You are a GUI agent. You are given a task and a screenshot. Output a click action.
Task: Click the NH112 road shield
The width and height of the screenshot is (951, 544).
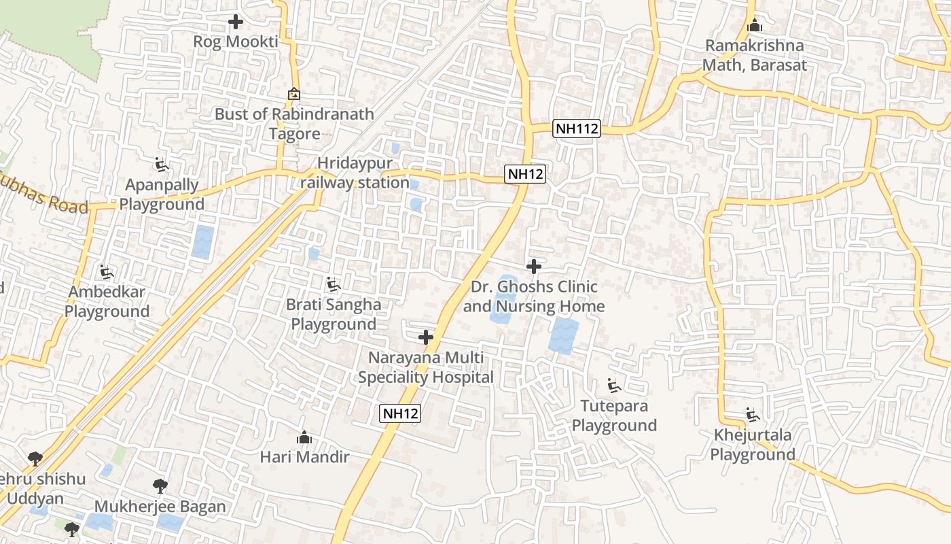577,129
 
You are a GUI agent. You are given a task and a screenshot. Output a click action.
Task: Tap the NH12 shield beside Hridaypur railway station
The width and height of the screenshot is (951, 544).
526,174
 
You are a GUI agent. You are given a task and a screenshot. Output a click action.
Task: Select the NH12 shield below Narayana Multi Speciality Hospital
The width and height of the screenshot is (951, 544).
400,413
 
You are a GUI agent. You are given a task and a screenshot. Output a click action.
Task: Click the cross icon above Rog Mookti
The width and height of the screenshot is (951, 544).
236,22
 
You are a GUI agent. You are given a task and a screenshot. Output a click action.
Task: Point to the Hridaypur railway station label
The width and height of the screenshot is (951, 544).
355,173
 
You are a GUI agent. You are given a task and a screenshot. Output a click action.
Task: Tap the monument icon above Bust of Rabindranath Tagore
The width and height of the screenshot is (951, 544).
294,94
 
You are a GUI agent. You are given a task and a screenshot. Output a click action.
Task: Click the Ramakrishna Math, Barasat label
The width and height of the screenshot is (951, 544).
754,56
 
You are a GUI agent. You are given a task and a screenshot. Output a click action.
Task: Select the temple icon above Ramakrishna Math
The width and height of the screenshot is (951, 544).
754,27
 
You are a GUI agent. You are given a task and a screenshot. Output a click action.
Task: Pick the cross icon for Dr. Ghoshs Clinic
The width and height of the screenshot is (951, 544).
534,267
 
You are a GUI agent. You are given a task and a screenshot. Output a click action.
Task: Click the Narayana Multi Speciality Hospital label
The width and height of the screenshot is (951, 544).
426,367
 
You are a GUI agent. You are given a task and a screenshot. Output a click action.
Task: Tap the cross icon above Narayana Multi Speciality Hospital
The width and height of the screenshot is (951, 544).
426,337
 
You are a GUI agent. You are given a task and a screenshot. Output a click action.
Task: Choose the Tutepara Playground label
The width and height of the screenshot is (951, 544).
614,415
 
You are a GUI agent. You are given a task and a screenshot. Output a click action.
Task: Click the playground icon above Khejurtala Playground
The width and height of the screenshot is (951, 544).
752,415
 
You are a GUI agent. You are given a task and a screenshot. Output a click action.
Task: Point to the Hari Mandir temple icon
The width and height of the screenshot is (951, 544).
304,437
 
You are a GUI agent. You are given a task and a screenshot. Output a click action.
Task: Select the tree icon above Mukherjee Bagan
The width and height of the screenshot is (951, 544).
160,486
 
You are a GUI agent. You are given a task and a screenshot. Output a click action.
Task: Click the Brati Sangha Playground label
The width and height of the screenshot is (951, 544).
334,314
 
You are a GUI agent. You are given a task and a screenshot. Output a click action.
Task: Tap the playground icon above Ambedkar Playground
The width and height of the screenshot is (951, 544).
107,273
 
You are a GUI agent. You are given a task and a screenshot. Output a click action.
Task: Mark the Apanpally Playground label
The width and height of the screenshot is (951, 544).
162,194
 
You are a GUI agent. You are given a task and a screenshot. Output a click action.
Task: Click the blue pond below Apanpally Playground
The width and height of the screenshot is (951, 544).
202,242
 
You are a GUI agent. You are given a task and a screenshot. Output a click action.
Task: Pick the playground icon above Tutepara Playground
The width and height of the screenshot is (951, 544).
614,386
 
